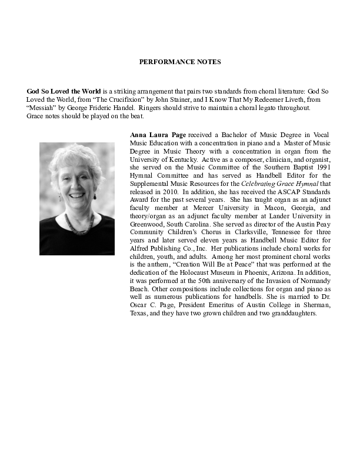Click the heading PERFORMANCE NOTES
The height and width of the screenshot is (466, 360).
[x=180, y=61]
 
